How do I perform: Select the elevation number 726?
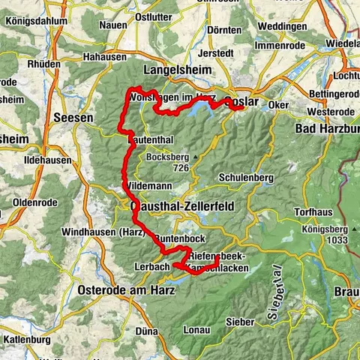click(x=179, y=168)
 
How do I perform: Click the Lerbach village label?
click(x=148, y=266)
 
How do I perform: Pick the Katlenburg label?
click(x=27, y=340)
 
